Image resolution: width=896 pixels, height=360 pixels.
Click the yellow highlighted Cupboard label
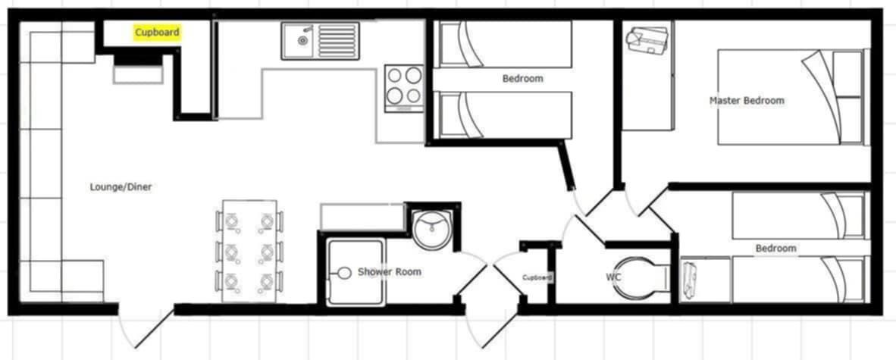coord(157,33)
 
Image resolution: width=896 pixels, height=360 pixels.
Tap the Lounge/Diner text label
coord(121,187)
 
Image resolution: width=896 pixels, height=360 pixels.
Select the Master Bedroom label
coord(747,101)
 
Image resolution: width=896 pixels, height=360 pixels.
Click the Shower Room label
coord(390,271)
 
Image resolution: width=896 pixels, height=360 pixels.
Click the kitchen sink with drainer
coord(320,41)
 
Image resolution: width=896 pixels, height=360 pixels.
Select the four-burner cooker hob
coord(404,88)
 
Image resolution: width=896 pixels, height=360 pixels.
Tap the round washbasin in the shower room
coord(432,227)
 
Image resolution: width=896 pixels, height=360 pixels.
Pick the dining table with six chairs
coord(249,252)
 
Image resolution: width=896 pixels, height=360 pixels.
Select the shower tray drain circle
coord(344,273)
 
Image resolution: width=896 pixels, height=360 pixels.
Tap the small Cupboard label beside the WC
coord(537,277)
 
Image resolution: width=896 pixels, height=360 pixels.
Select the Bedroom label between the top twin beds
coord(522,78)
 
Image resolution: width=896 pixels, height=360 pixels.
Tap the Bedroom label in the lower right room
coord(775,249)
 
